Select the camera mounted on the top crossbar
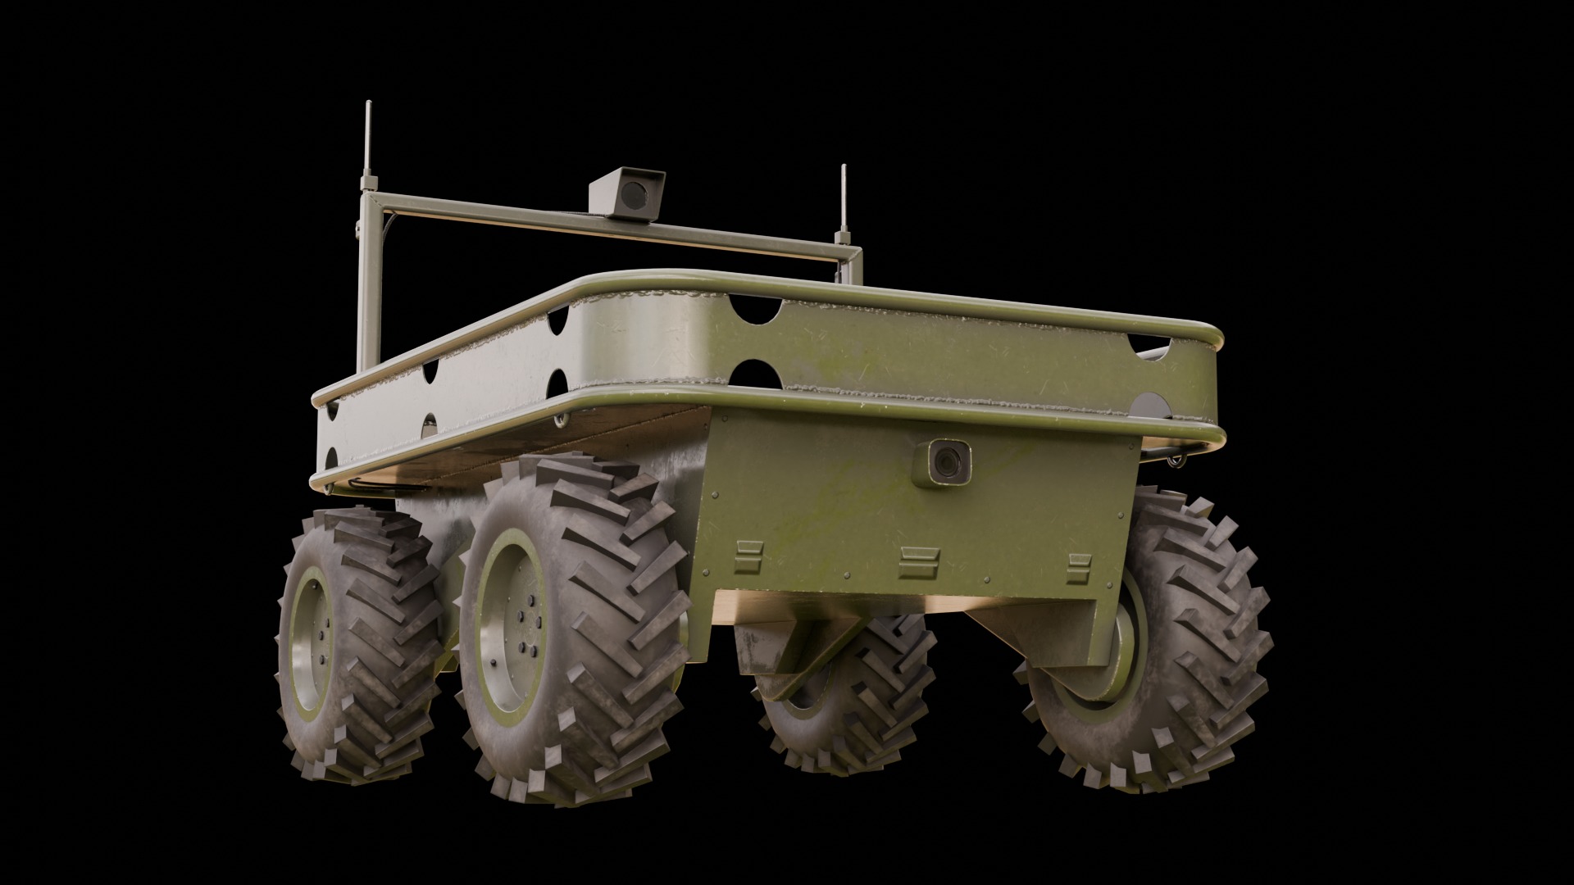tap(627, 193)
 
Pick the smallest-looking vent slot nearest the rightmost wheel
tap(1080, 564)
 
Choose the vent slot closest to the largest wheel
tap(748, 556)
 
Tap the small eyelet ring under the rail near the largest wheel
tap(559, 420)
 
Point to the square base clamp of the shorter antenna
tap(842, 238)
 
